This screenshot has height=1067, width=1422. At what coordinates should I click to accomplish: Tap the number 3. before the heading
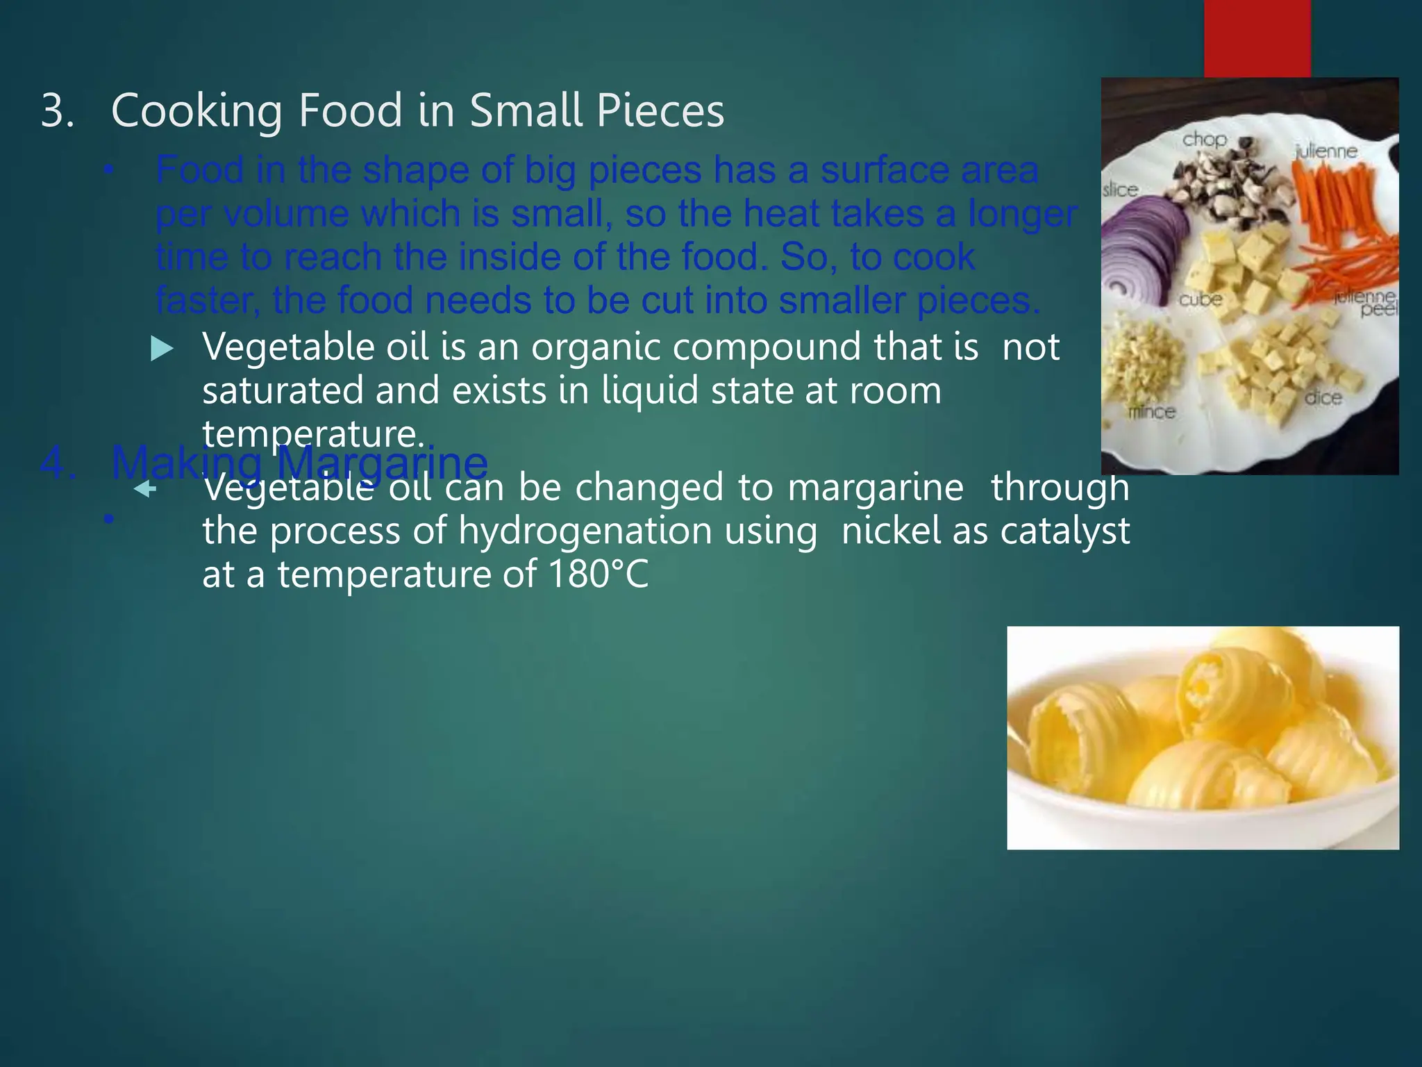tap(58, 111)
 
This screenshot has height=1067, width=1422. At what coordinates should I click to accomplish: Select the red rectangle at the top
tap(1257, 38)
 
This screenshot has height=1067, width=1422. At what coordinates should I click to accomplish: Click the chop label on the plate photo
tap(1204, 140)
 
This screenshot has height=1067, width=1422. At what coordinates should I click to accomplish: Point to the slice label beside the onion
tap(1121, 190)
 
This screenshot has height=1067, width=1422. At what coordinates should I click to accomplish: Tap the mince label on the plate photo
tap(1152, 412)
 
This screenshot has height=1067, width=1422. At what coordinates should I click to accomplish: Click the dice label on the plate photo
tap(1323, 398)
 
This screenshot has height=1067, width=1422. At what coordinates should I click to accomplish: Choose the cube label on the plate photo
tap(1201, 299)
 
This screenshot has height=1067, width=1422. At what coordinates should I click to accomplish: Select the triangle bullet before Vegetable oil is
tap(162, 349)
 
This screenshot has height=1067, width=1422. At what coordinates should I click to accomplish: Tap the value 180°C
tap(598, 575)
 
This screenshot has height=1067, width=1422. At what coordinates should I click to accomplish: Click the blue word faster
tap(207, 301)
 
